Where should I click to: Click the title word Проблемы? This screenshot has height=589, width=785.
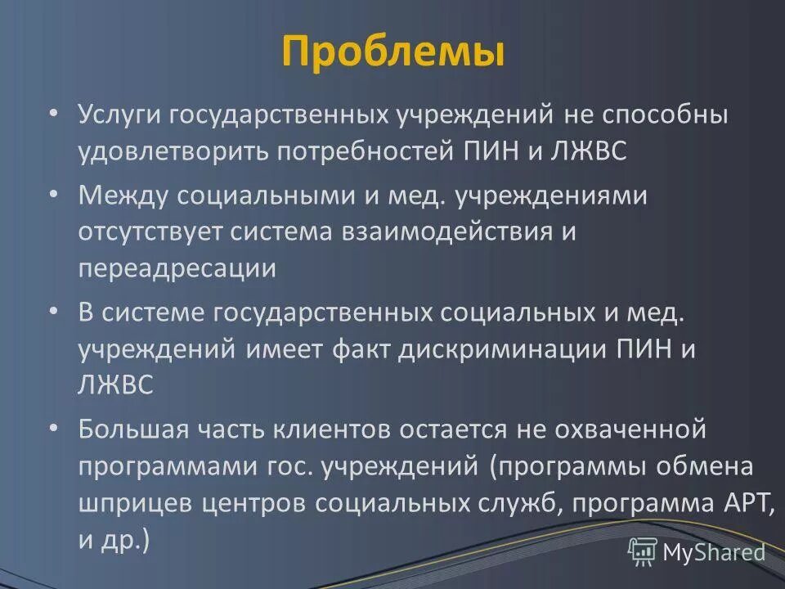coord(392,51)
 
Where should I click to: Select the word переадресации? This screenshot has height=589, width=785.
coord(177,270)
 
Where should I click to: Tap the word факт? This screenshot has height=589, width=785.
coord(362,350)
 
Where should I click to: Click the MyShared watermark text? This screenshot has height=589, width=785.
coord(714,552)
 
